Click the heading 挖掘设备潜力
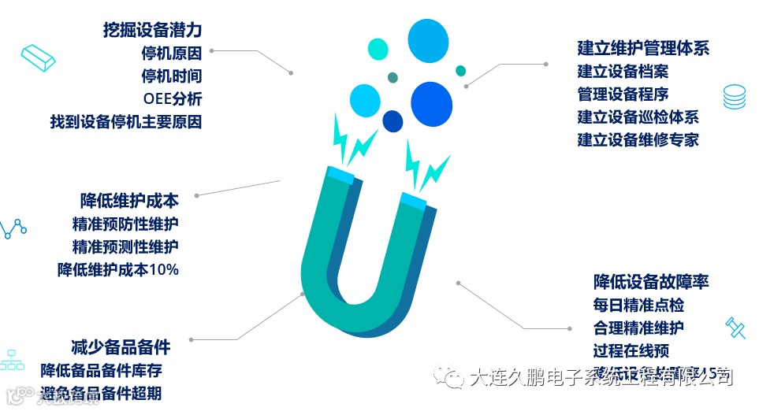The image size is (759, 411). (x=152, y=31)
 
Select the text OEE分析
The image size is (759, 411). (x=172, y=99)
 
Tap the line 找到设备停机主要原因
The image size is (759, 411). (x=126, y=122)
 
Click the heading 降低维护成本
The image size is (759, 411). (x=129, y=200)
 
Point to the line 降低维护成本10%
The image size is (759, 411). (x=118, y=269)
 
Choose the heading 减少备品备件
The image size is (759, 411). (x=120, y=346)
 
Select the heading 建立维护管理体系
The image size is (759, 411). (x=643, y=48)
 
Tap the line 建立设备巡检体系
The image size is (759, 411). (x=638, y=117)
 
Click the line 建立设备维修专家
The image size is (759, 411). (x=638, y=140)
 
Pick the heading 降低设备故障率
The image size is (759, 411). (x=651, y=281)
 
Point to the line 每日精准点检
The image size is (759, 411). (x=638, y=305)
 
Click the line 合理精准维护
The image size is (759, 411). (x=638, y=328)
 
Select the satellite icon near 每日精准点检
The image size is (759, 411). (x=735, y=327)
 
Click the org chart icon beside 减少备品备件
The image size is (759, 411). (x=11, y=358)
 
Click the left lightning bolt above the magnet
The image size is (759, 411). (x=351, y=139)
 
